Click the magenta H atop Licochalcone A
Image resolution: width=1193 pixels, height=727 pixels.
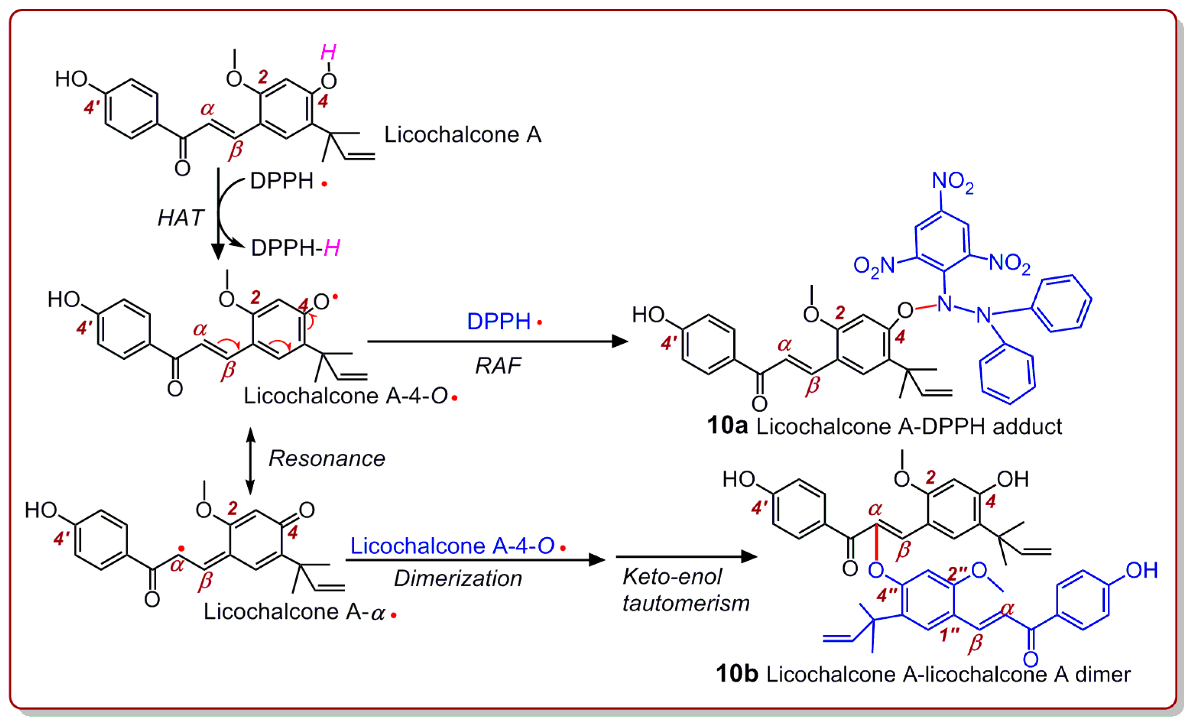(x=328, y=52)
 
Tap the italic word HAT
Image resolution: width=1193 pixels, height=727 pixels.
(x=180, y=218)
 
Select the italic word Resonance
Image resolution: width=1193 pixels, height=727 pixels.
(x=327, y=459)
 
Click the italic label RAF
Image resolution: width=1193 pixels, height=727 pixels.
(x=498, y=366)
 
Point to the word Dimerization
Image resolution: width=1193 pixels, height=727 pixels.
(x=457, y=579)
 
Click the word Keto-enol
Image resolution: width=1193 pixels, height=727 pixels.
(x=672, y=577)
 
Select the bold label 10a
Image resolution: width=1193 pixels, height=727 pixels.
(x=727, y=426)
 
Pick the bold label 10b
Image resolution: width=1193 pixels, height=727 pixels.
(x=736, y=674)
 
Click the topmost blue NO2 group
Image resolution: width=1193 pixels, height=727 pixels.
(x=952, y=182)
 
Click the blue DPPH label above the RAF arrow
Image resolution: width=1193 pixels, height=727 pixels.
(x=499, y=321)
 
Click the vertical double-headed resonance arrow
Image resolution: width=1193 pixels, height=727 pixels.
(x=250, y=461)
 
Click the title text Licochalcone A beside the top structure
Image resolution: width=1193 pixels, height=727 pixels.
(x=462, y=135)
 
